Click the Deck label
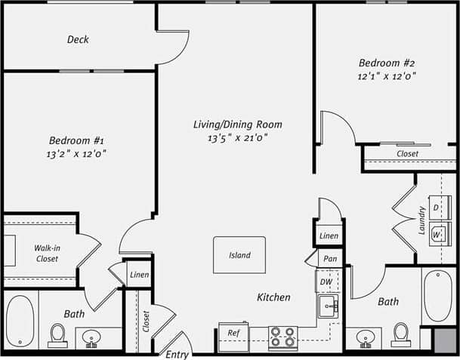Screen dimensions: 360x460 coord(78,39)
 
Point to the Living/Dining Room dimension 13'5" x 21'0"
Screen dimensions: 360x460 coord(239,138)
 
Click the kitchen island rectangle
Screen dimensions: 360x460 coord(239,255)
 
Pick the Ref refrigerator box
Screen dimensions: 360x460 coord(233,333)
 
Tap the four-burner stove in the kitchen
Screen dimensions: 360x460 coord(282,337)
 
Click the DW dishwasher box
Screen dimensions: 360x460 coord(326,282)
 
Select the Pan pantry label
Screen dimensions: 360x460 coord(329,258)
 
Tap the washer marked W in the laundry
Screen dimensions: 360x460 coord(437,234)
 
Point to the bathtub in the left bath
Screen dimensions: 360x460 coord(20,321)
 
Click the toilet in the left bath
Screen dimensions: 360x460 coord(57,334)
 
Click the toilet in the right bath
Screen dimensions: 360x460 coord(401,334)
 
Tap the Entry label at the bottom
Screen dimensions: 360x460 coord(177,355)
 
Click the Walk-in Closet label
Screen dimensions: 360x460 coord(47,253)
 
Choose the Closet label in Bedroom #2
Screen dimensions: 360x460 coord(407,154)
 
